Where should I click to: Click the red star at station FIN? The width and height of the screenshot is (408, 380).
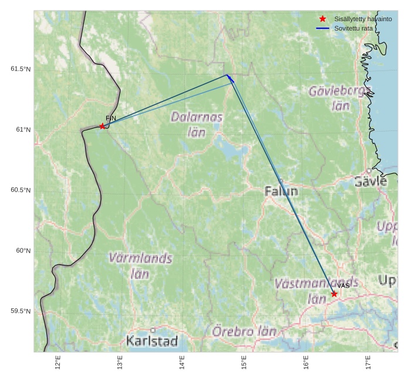point(102,126)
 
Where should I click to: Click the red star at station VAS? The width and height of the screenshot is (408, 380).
point(334,294)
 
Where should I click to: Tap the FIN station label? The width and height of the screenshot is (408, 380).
point(111,119)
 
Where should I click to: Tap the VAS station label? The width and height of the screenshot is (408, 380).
point(343,286)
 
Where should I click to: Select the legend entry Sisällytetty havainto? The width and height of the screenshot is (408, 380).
point(359,19)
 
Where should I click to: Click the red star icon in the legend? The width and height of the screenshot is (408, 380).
point(322,19)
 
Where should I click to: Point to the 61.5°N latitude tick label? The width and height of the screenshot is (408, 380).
point(21,69)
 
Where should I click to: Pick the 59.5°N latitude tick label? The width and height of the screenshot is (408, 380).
point(21,311)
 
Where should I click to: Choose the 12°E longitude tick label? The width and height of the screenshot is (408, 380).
point(58,364)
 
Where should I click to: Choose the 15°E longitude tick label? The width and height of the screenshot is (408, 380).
point(244,364)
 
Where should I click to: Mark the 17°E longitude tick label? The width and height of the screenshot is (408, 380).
point(368,364)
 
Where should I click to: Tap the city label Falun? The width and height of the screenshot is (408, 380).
point(281,191)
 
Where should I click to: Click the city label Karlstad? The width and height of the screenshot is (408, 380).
point(151,341)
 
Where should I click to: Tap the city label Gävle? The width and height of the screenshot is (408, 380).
point(370,181)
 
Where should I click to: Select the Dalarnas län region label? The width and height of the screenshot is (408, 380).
point(197,124)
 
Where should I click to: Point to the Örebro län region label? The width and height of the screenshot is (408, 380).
point(244,331)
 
